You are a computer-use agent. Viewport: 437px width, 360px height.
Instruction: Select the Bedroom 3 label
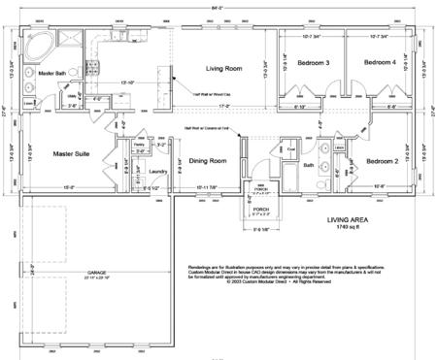coord(314,63)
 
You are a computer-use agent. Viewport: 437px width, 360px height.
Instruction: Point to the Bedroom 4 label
coord(382,63)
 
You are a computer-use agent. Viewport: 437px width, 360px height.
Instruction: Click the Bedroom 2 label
coord(382,161)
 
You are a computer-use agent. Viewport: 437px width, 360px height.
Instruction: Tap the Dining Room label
coord(207,161)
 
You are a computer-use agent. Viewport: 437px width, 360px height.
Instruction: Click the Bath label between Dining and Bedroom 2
coord(310,166)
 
